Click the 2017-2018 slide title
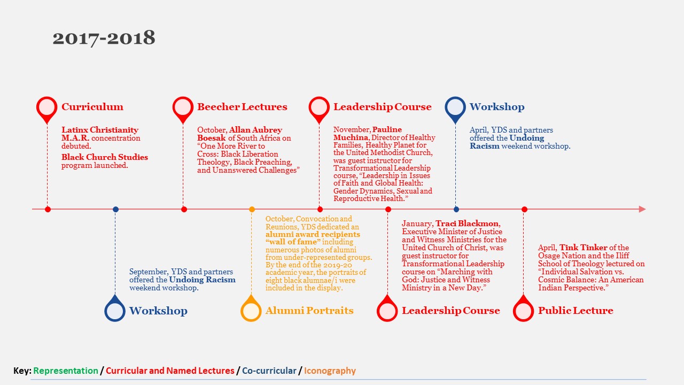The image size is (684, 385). click(x=104, y=38)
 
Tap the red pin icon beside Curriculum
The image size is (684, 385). click(x=46, y=109)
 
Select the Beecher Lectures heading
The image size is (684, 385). click(x=242, y=106)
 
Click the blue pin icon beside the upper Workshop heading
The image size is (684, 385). click(x=455, y=109)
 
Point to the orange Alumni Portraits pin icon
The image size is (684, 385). click(x=251, y=309)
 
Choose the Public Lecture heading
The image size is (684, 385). click(x=576, y=311)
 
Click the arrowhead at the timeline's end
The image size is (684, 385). click(x=642, y=209)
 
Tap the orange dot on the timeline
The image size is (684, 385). click(x=252, y=209)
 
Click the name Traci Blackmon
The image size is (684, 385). click(x=467, y=224)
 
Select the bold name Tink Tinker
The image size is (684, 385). click(x=583, y=248)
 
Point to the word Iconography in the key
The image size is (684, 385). click(x=330, y=371)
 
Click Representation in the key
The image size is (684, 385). click(x=66, y=371)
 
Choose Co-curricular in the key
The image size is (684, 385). click(x=269, y=371)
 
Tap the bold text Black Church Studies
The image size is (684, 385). click(x=105, y=157)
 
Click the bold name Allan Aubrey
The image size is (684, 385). click(x=255, y=130)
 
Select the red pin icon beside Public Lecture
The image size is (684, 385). click(x=523, y=309)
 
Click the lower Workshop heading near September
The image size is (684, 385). click(x=158, y=311)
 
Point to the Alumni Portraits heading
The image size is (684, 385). click(x=309, y=311)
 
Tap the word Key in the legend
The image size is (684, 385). click(x=22, y=371)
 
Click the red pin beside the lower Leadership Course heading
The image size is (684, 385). click(x=387, y=309)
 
